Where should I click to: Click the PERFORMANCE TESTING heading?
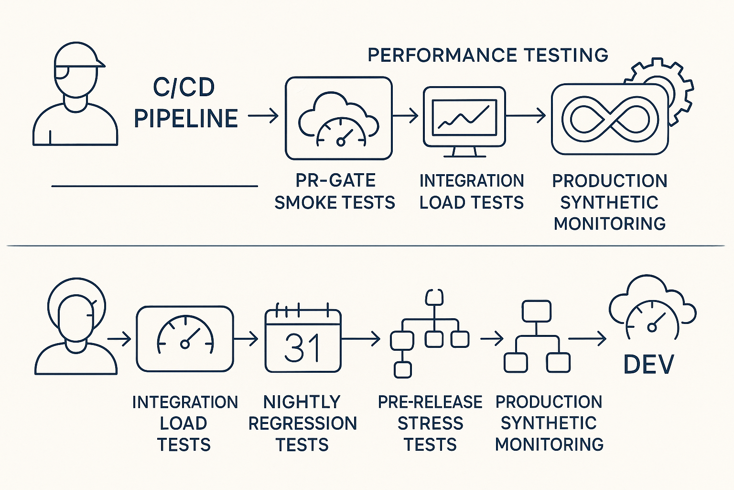487,55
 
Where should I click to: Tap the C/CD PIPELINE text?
185,103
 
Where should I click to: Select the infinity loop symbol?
610,119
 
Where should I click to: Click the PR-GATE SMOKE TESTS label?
335,191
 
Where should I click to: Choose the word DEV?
649,365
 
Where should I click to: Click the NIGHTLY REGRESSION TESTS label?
302,423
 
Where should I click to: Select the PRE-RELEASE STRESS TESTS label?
430,423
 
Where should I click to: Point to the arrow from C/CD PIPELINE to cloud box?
263,116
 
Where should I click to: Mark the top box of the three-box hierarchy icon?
537,312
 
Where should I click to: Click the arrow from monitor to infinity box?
526,116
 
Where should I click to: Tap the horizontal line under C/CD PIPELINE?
154,186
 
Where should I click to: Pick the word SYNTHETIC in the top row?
609,202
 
